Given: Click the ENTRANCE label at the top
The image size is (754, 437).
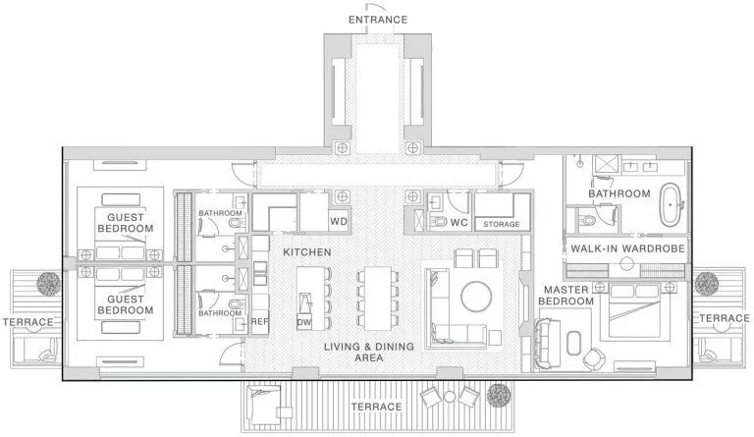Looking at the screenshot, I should pos(377,20).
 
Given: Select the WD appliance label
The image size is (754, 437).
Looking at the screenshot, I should pos(339,222).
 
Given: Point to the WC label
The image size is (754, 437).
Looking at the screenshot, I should pos(458,223).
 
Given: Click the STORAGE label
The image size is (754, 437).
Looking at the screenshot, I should pos(502,225).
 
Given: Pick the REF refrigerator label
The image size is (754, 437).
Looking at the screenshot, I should pos(259,320).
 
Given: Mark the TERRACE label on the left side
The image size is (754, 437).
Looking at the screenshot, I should pos(27,320).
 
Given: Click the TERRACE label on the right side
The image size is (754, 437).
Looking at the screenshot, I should pos(724,318).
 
